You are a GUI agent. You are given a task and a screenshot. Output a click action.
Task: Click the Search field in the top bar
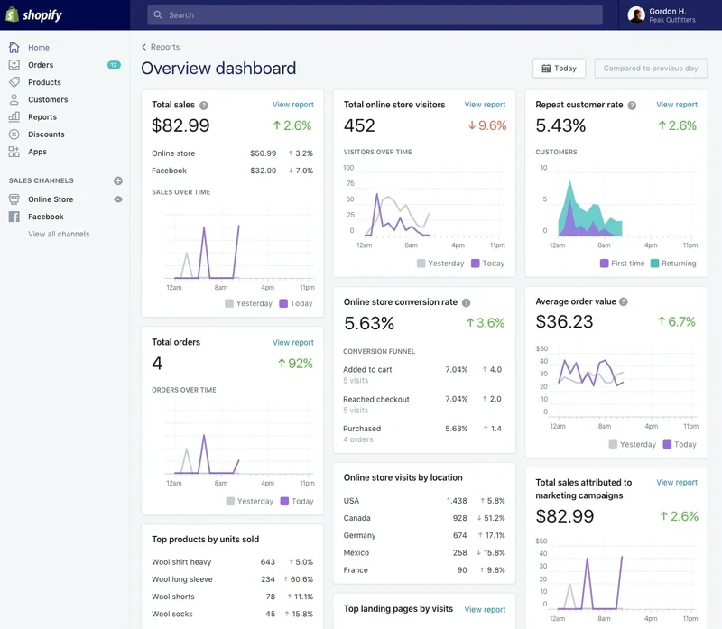[375, 15]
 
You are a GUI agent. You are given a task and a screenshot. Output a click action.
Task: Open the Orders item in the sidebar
[41, 65]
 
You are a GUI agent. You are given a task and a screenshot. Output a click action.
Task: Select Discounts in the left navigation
[46, 134]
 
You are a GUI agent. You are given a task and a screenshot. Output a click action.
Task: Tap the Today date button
[559, 69]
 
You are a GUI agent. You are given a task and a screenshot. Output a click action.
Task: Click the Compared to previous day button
[650, 69]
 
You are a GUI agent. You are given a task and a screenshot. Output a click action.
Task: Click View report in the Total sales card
[293, 105]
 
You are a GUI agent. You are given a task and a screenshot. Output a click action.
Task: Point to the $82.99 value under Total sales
[180, 126]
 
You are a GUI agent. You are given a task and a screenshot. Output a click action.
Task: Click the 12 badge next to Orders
[114, 65]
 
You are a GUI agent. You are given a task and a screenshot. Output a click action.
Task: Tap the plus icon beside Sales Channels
[117, 180]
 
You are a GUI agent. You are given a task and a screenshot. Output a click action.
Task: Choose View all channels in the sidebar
[59, 235]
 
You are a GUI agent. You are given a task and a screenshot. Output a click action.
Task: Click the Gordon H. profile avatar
[636, 14]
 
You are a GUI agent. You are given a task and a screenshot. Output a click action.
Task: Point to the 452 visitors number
[359, 126]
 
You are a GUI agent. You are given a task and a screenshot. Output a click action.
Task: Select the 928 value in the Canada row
[459, 518]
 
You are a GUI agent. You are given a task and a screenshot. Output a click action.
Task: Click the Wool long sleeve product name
[182, 579]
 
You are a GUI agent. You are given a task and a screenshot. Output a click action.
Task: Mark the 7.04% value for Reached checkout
[457, 399]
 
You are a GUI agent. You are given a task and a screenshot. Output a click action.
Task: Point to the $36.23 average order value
[564, 322]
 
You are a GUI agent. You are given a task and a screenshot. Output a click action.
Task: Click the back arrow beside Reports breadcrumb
[144, 47]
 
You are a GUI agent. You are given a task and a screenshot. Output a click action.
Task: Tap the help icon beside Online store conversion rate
[467, 302]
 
